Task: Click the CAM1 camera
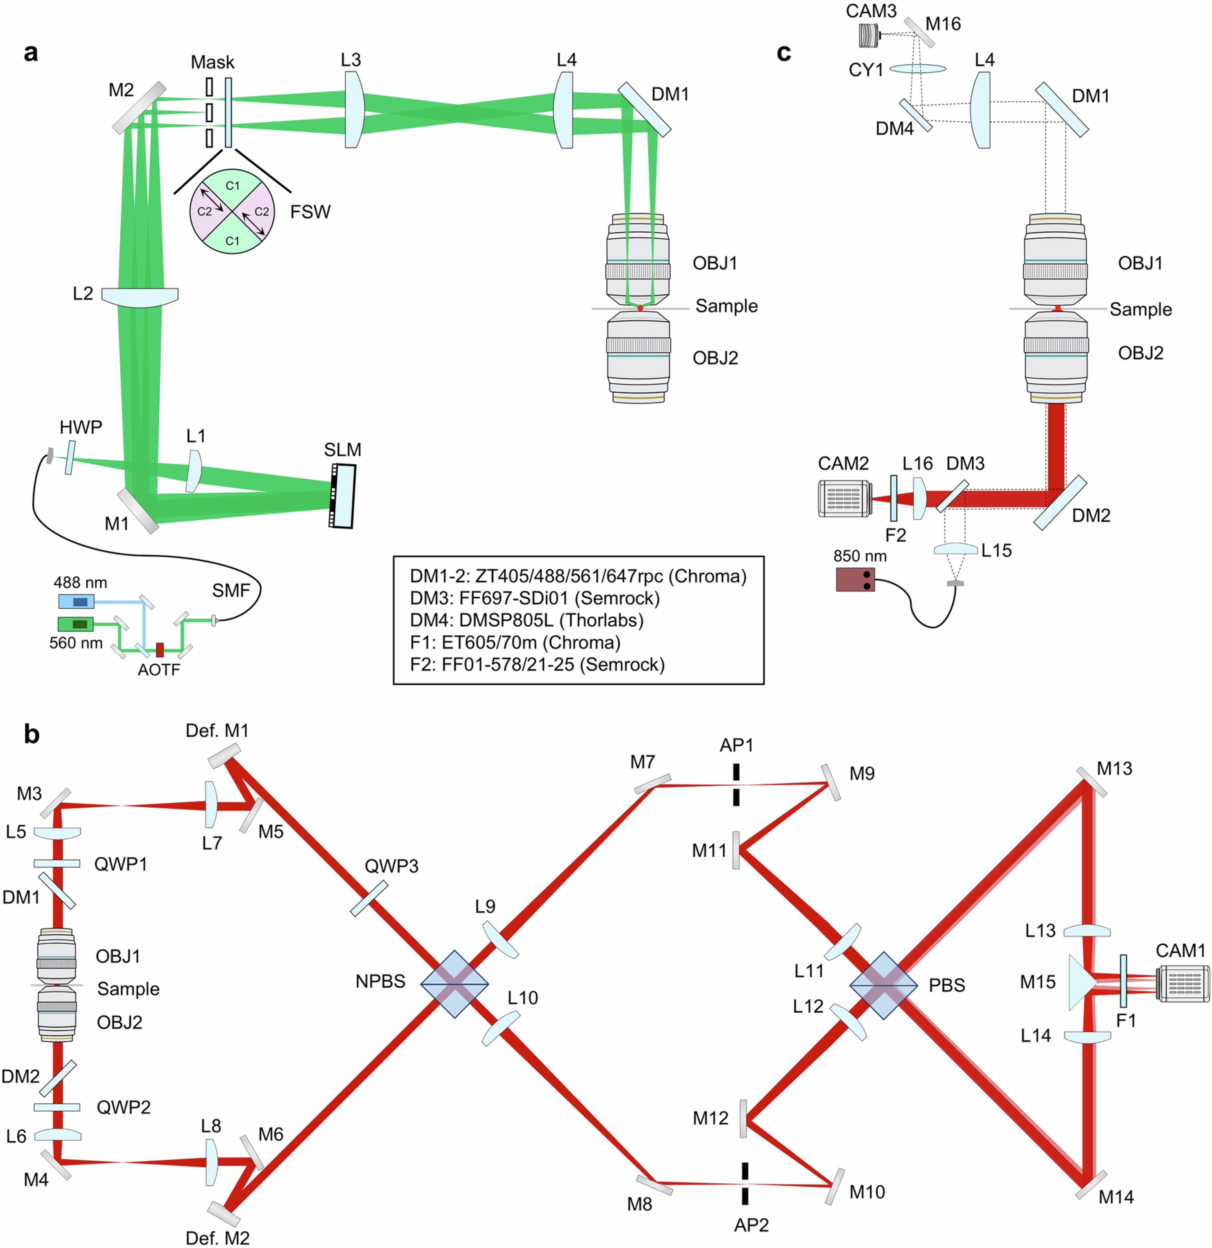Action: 1182,984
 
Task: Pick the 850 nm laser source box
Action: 855,579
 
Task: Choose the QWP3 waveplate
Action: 369,898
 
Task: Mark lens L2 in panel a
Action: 139,296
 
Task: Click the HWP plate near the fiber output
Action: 69,457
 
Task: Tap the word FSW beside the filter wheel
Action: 310,212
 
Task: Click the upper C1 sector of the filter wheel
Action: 232,186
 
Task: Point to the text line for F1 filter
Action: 515,643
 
